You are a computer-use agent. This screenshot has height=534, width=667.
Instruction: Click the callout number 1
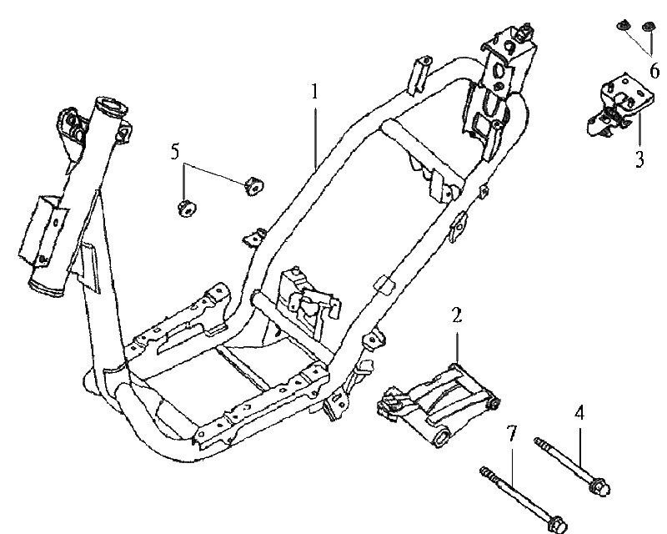pyautogui.click(x=316, y=92)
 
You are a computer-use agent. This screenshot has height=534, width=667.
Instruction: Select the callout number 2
pyautogui.click(x=457, y=315)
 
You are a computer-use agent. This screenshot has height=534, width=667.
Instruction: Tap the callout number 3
pyautogui.click(x=639, y=159)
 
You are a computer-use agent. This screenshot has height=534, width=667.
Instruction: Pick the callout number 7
pyautogui.click(x=513, y=432)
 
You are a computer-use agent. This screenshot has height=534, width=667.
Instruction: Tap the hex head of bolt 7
pyautogui.click(x=554, y=525)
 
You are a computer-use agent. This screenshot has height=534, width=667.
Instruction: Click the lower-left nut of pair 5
pyautogui.click(x=185, y=207)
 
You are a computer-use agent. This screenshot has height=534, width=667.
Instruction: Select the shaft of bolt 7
pyautogui.click(x=517, y=497)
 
